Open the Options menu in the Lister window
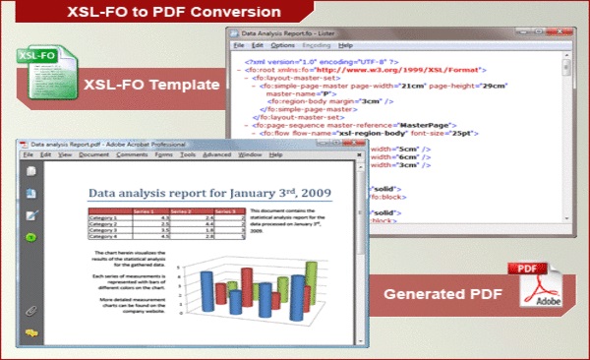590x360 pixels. point(282,45)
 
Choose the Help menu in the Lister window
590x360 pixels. point(344,45)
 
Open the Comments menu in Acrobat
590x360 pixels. point(132,155)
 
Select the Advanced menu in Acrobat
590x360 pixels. point(217,155)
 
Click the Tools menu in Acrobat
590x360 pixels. point(188,155)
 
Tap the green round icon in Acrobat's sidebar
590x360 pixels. point(31,237)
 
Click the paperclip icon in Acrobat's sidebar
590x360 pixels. point(31,311)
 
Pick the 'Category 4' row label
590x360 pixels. point(102,236)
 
